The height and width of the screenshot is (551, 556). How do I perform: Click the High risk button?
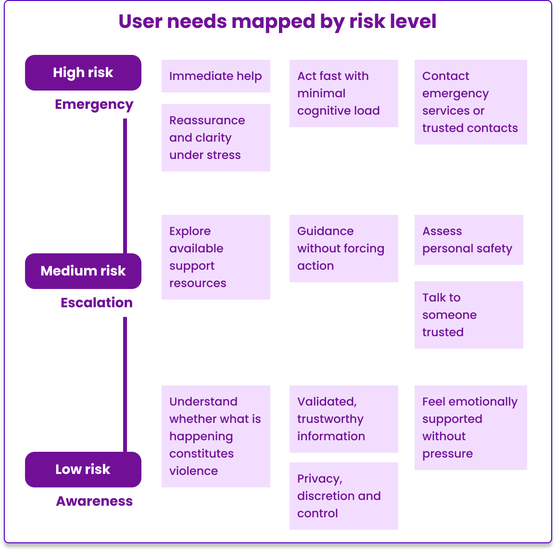tap(83, 73)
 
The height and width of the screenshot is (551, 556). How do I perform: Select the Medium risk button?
tap(83, 271)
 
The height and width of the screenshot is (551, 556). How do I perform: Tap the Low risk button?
tap(83, 470)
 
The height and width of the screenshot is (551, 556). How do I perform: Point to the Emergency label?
tap(94, 105)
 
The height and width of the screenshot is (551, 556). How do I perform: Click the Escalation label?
tap(96, 302)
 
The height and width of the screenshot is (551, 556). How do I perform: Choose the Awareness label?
tap(94, 501)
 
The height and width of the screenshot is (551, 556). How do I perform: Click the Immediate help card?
tap(215, 76)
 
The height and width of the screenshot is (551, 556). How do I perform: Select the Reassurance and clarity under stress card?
tap(215, 138)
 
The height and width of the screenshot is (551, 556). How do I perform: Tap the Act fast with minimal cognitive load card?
tap(343, 93)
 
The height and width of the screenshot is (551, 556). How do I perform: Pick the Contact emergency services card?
tap(470, 102)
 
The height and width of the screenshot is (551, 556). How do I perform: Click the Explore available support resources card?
tap(215, 257)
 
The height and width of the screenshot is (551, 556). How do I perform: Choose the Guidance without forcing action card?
tap(343, 249)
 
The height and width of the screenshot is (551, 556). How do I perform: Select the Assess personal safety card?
tap(468, 240)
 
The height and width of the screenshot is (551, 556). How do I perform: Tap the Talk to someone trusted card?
tap(468, 315)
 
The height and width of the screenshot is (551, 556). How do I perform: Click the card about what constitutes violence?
tap(215, 436)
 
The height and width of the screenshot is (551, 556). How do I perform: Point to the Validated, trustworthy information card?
tap(343, 419)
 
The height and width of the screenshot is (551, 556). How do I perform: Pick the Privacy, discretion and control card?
tap(343, 496)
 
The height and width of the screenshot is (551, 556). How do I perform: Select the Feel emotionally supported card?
tap(470, 428)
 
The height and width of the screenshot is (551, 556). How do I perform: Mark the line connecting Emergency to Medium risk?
tap(125, 186)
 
